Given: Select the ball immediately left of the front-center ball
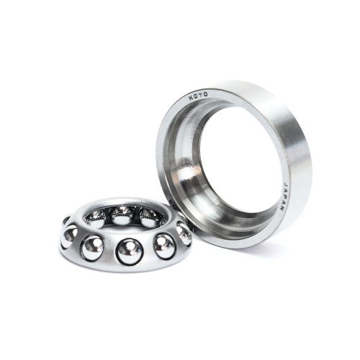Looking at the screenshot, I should pos(93,246).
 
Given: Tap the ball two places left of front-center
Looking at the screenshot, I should pos(70,235).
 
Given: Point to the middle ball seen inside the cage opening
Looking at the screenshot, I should pos(122,214).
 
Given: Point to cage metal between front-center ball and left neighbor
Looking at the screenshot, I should pos(110,252).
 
